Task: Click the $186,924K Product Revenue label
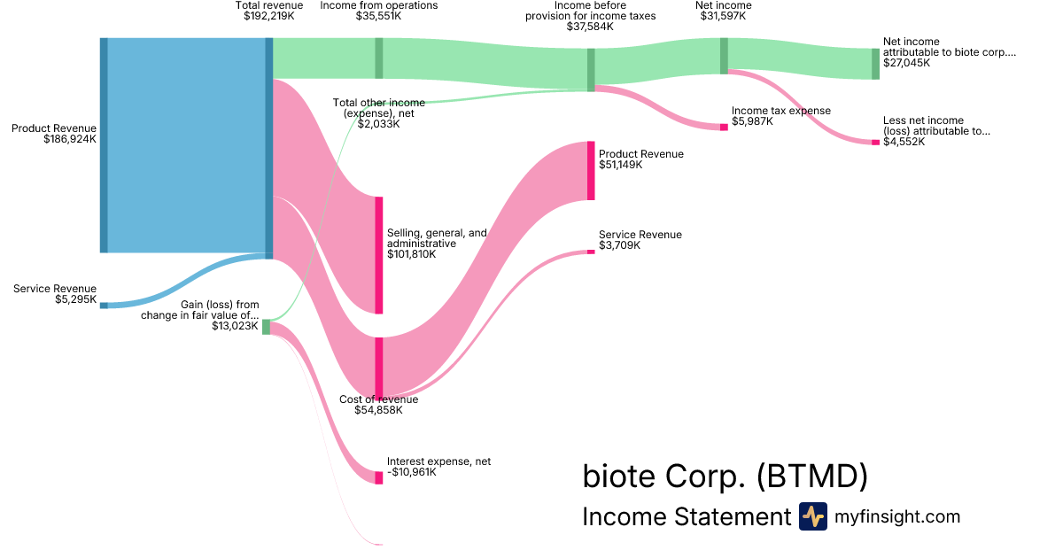53,134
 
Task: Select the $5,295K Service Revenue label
54,294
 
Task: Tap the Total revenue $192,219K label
268,11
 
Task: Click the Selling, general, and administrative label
437,244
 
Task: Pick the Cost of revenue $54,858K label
378,405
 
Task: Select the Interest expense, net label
438,467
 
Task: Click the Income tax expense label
780,116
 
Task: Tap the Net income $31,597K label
724,11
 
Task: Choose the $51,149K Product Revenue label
640,159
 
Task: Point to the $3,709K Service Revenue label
640,240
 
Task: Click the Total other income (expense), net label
378,113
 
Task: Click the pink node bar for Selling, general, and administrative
379,255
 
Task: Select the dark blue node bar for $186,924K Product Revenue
104,145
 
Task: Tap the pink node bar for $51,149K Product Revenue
591,170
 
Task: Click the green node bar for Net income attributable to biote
875,64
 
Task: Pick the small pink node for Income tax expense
724,128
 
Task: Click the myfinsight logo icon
812,516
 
